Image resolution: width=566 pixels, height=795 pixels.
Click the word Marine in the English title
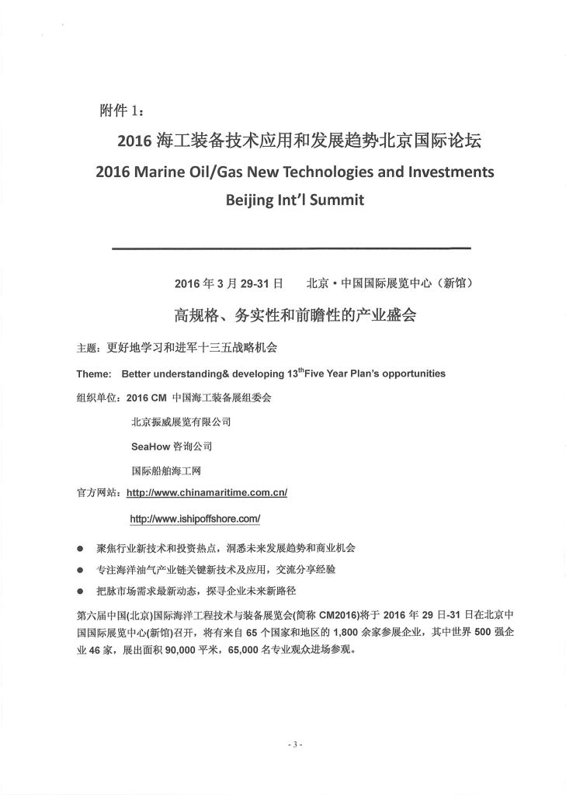[162, 172]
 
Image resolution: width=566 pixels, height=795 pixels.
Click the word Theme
[93, 373]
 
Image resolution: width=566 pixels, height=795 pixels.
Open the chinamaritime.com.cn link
[207, 492]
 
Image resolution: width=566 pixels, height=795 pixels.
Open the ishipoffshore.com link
[195, 517]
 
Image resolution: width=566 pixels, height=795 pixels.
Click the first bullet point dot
[79, 548]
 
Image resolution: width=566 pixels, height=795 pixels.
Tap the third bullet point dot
[79, 592]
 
